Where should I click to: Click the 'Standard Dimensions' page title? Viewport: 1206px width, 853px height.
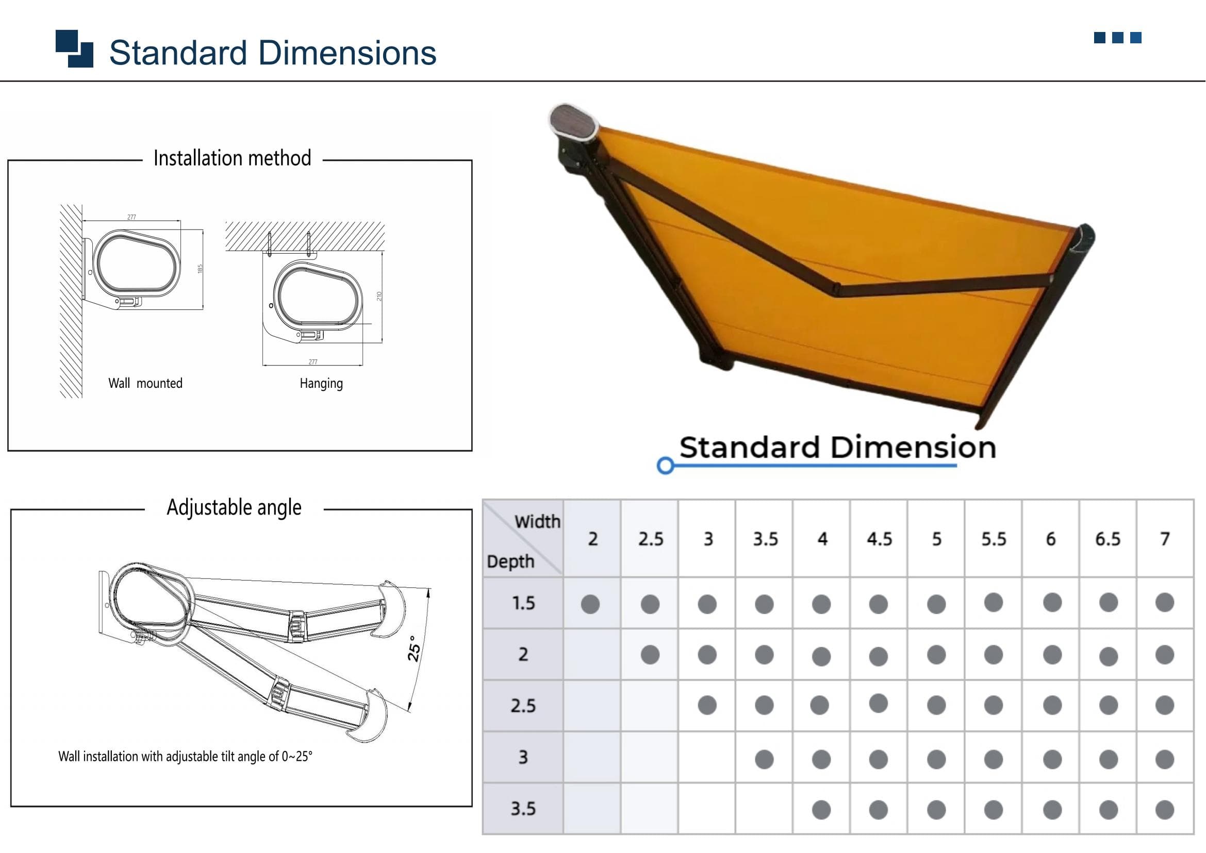click(x=273, y=53)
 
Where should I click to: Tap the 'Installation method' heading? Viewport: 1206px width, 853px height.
click(x=232, y=158)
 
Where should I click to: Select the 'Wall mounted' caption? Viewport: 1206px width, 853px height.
click(x=145, y=383)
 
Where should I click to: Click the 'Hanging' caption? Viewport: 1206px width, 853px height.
click(x=321, y=383)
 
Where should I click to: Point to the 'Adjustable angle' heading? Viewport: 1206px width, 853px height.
click(x=234, y=507)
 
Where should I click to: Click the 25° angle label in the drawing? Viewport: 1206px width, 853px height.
click(x=415, y=649)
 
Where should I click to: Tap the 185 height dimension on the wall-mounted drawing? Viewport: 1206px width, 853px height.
click(x=200, y=268)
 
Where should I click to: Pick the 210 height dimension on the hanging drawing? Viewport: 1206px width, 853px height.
click(x=379, y=296)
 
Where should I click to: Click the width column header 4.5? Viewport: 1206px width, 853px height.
click(x=879, y=539)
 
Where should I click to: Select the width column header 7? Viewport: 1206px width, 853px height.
click(x=1165, y=539)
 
